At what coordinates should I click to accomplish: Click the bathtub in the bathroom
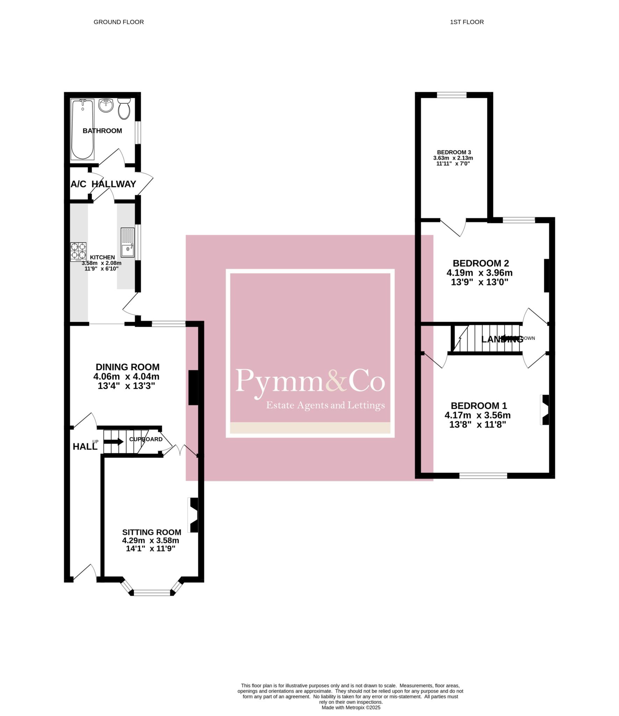(82, 129)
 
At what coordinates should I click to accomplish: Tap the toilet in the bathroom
(124, 108)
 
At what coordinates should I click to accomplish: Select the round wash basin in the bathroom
(106, 105)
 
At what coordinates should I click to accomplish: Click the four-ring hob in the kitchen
(78, 252)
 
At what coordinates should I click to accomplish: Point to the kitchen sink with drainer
(128, 242)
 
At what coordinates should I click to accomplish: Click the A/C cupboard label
(78, 184)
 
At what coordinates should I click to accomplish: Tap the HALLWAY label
(114, 184)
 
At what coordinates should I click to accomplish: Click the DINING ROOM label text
(128, 367)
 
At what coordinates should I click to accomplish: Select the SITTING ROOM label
(152, 532)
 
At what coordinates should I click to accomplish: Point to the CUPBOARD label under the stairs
(146, 439)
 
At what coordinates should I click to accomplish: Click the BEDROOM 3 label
(454, 152)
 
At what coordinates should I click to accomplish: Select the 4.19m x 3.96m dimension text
(479, 273)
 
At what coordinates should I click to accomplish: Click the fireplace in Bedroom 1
(545, 410)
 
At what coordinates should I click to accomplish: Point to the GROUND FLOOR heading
(119, 22)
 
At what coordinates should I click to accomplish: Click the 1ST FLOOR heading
(467, 22)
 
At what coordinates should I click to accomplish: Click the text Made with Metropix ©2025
(351, 707)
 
